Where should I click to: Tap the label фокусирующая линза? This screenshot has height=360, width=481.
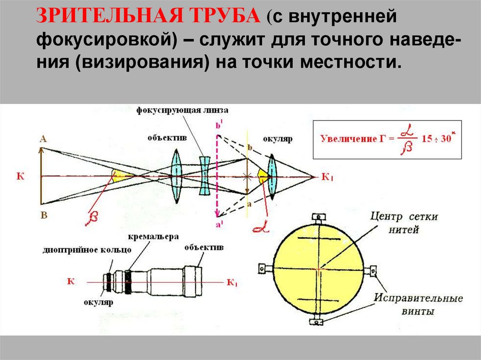pos(183,110)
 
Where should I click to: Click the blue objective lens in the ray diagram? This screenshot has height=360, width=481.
pos(176,176)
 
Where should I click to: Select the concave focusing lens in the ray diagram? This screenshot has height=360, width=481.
pos(204,176)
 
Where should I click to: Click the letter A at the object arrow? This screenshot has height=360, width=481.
pos(43,138)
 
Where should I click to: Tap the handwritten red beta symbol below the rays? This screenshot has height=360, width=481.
pos(91,218)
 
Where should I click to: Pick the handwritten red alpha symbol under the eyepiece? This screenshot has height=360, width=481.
pos(259,227)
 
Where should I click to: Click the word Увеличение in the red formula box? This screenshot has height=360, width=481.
pos(346,138)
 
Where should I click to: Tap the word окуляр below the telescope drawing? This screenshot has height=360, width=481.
pos(99,303)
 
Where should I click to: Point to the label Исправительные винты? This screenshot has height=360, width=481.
pos(419,305)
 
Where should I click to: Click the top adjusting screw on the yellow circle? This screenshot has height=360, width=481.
pos(318,217)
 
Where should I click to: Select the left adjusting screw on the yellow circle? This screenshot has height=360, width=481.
pos(262,268)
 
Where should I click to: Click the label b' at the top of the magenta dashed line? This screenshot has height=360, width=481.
pos(218,125)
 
